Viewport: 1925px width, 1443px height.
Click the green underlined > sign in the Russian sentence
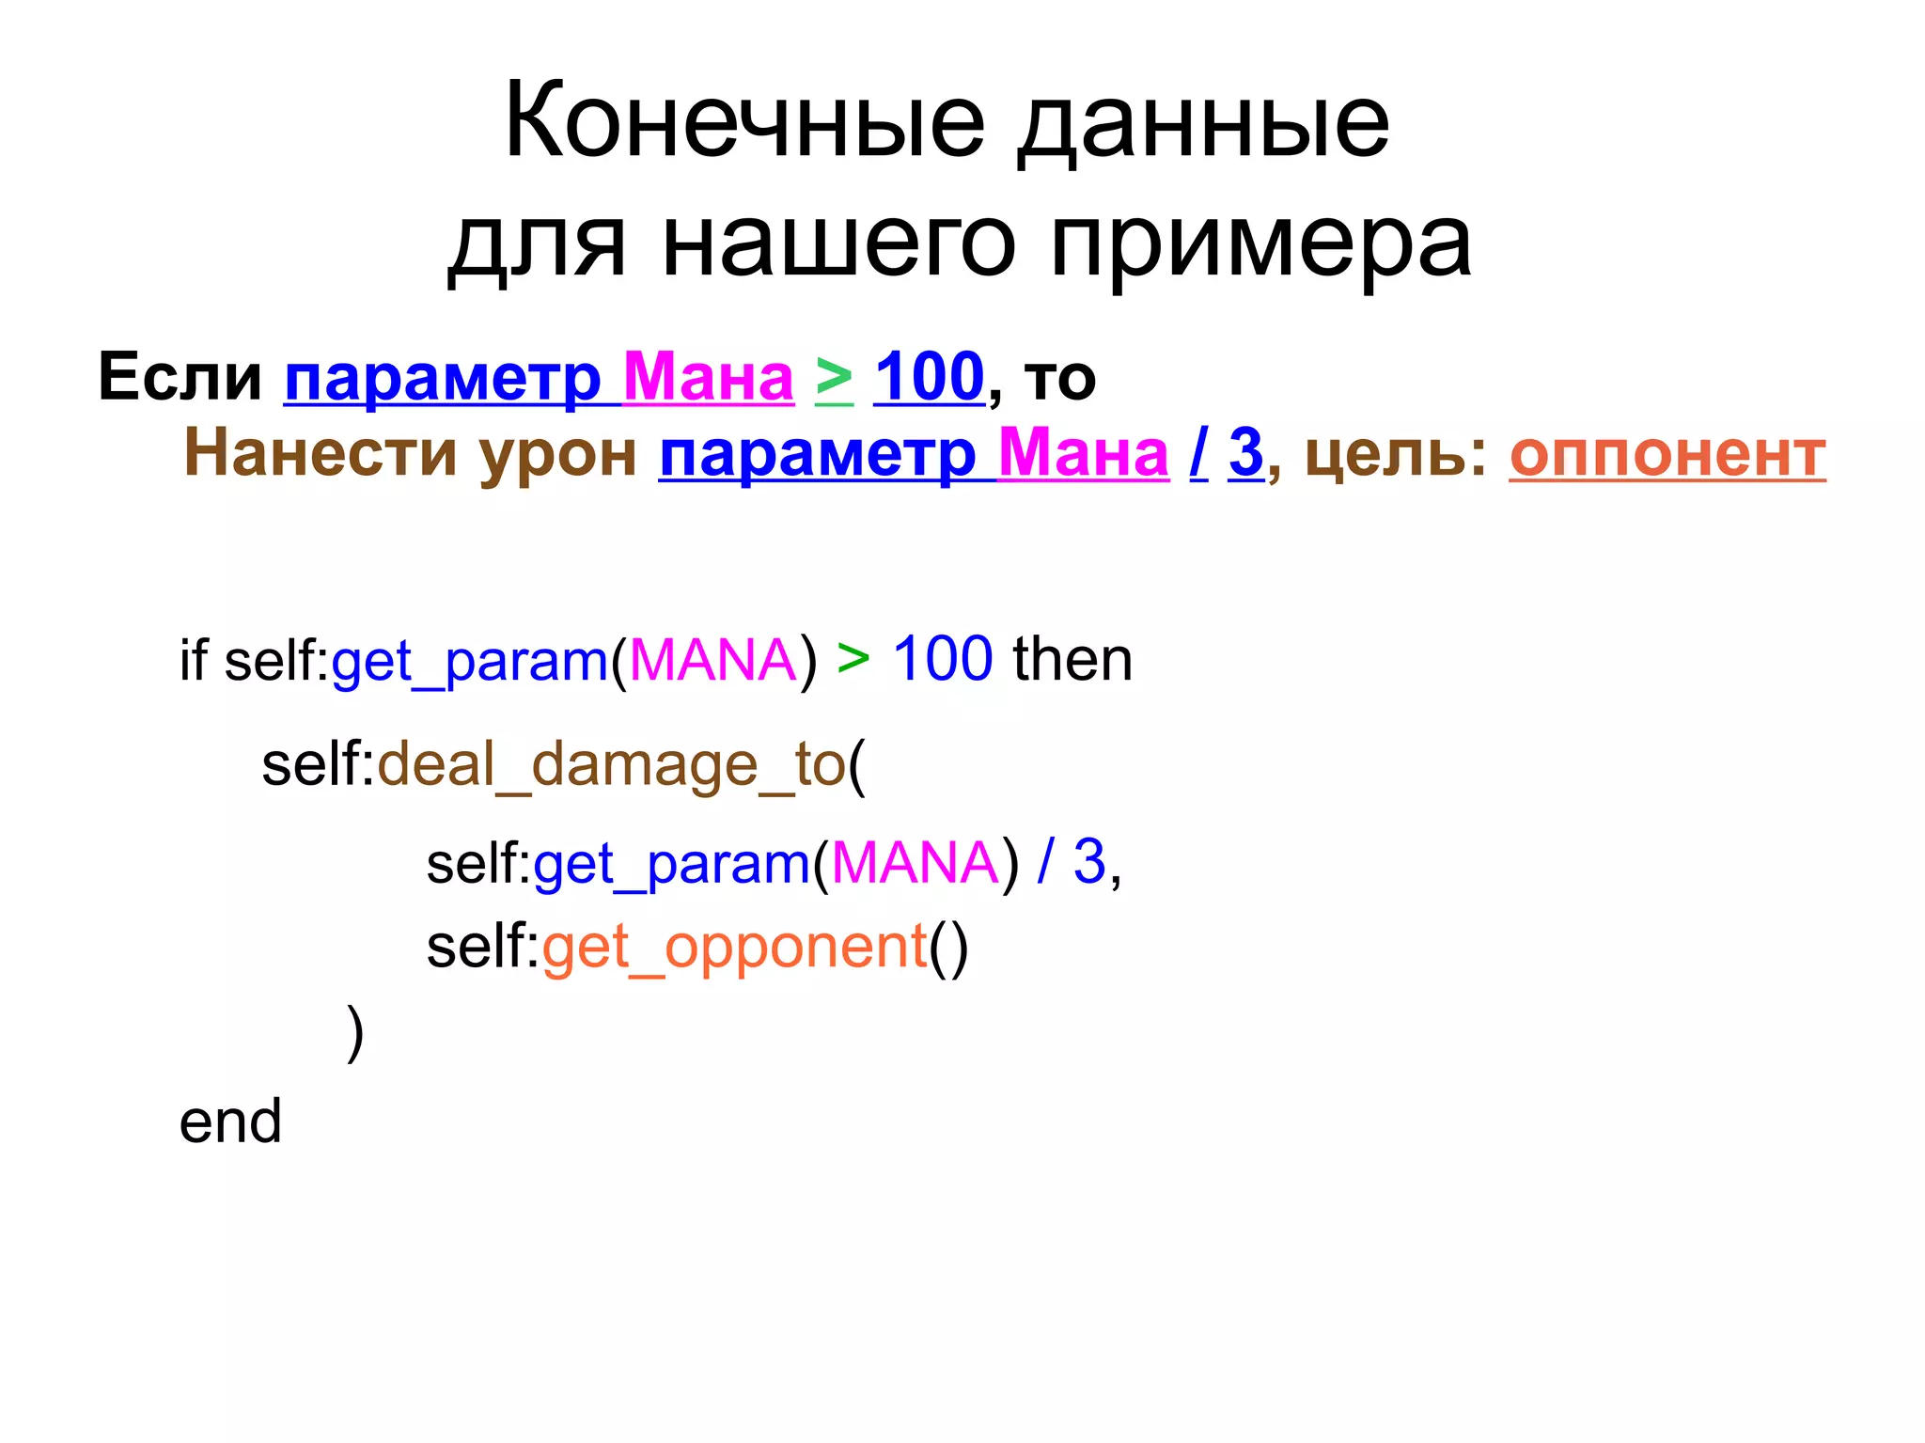point(834,379)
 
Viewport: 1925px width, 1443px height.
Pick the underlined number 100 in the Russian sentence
point(929,377)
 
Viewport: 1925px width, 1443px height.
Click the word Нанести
point(317,452)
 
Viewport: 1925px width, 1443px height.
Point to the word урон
point(558,455)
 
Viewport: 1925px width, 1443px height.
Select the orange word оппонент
point(1667,457)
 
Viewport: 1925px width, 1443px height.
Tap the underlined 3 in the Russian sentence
point(1245,452)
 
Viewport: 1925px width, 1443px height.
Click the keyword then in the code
point(1072,659)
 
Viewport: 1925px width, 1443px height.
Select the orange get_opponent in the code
point(734,947)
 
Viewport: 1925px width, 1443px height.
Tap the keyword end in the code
point(230,1121)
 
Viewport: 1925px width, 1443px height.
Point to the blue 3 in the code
point(1089,861)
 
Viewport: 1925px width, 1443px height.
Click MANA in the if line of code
point(713,660)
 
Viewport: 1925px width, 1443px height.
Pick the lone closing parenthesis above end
point(354,1033)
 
